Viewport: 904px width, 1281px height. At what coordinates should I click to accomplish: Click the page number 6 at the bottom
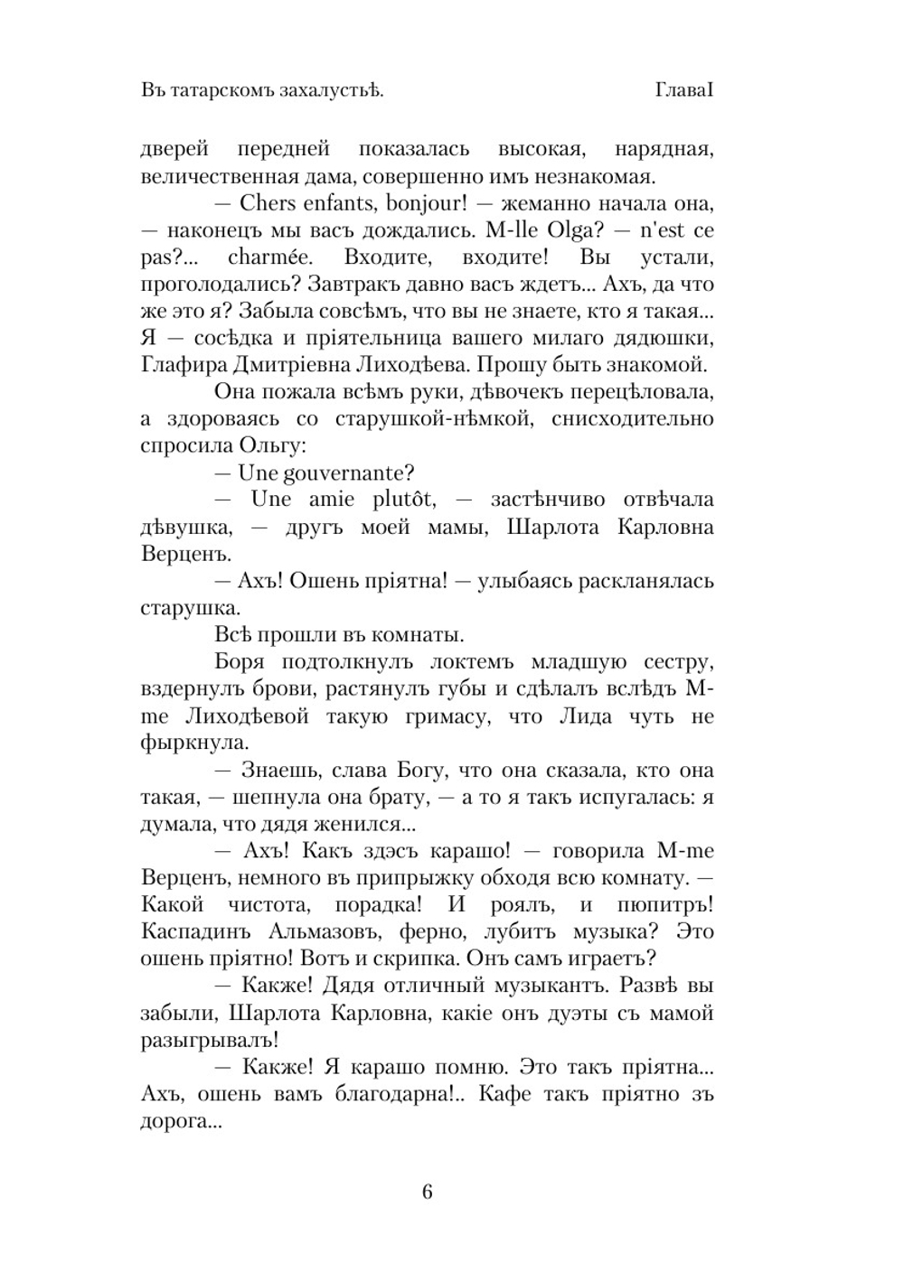[428, 1192]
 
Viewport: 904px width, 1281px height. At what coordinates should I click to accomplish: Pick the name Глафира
[179, 364]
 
